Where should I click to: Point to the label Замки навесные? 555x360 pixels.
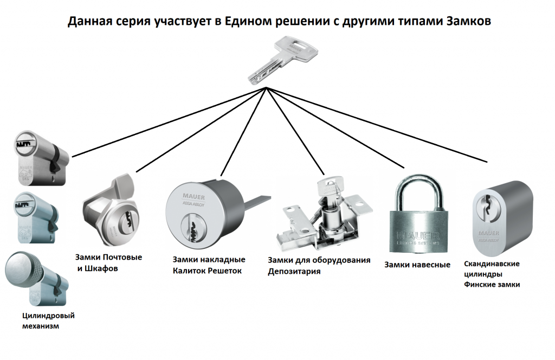pyautogui.click(x=417, y=265)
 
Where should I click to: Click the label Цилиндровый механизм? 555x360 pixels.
pyautogui.click(x=48, y=321)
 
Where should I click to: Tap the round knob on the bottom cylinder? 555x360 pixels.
pyautogui.click(x=23, y=266)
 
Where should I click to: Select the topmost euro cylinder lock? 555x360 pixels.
pyautogui.click(x=41, y=158)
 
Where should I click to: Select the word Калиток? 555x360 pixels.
pyautogui.click(x=193, y=271)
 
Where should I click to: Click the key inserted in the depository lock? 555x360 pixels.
pyautogui.click(x=330, y=188)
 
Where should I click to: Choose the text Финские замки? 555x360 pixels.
pyautogui.click(x=492, y=284)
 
